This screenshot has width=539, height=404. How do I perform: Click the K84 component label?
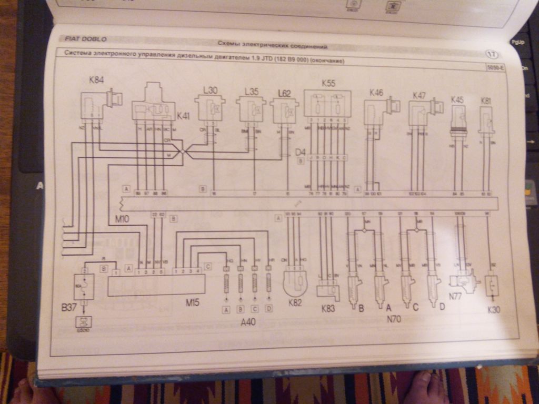[x=96, y=80]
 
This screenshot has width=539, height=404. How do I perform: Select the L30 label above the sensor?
[x=209, y=90]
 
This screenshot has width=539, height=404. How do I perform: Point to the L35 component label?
[x=251, y=92]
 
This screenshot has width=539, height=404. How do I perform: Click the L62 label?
[x=284, y=94]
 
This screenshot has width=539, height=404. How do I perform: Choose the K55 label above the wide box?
[x=328, y=83]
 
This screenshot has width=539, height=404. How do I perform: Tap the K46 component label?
[x=376, y=93]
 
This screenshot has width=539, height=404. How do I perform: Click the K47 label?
[x=419, y=95]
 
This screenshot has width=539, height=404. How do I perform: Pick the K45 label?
[x=457, y=99]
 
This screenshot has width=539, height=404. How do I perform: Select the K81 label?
[x=486, y=100]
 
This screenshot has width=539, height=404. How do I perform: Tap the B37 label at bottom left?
[x=69, y=307]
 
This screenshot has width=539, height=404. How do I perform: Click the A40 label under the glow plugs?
[x=247, y=322]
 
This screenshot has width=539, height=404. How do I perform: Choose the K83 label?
[x=327, y=308]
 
